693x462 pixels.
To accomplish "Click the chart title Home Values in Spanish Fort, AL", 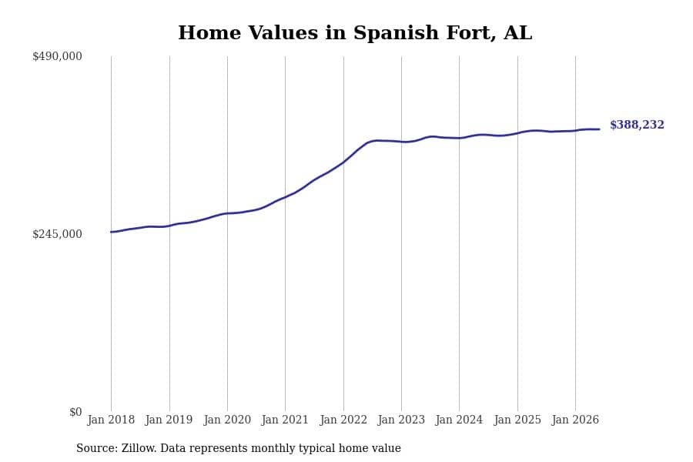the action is (x=355, y=33).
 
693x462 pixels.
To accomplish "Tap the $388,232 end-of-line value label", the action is (x=637, y=125).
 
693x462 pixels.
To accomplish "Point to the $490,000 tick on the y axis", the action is (x=57, y=56).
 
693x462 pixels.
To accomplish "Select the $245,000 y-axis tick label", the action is (x=57, y=234).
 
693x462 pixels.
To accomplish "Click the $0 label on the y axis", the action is (x=75, y=412).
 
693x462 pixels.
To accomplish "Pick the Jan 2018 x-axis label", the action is (x=111, y=420).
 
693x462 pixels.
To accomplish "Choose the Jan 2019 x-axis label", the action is (x=169, y=420).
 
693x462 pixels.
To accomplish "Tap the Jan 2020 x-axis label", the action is (x=227, y=420).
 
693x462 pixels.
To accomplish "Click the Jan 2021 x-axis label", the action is (x=285, y=420).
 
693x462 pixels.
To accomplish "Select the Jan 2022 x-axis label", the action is (x=343, y=420).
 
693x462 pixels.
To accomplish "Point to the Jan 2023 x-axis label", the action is (x=401, y=420).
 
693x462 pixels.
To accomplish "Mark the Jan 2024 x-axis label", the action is (x=459, y=420).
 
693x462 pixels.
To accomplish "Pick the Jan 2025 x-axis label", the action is (x=517, y=420).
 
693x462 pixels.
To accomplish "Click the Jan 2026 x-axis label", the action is (x=575, y=420).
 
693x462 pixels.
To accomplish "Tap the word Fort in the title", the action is (x=470, y=33).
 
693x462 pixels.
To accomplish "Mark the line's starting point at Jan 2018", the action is (x=111, y=232).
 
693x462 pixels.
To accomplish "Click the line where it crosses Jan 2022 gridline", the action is (x=343, y=162).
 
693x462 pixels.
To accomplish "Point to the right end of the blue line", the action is (x=599, y=129).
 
